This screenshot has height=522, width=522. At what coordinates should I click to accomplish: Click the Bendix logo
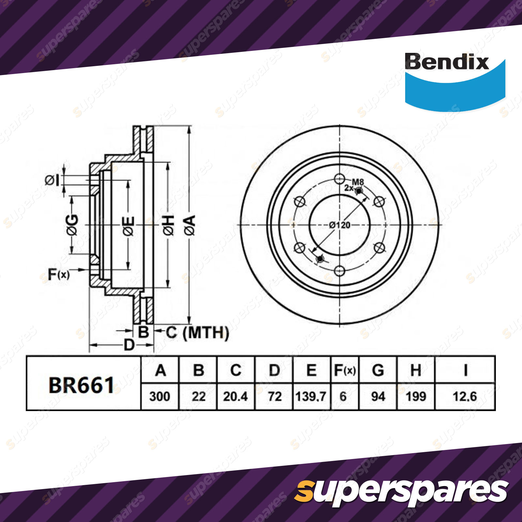454,80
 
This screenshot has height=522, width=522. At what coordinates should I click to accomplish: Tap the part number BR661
81,385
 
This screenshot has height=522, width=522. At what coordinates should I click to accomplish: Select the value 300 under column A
160,397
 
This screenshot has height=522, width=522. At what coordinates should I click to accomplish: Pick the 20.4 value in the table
235,397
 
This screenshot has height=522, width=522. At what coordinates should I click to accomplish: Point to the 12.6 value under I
465,397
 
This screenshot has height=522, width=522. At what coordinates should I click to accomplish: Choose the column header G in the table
378,370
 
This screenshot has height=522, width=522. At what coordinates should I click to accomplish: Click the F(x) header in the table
345,370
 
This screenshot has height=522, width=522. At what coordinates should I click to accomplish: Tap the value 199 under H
416,397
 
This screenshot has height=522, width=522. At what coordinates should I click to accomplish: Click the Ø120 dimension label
340,225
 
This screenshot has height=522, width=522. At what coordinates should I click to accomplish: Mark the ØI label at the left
52,180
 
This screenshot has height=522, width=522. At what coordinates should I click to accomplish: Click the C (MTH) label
197,333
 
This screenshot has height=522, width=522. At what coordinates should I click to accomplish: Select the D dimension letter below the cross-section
129,345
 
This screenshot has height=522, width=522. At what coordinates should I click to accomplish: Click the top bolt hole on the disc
340,179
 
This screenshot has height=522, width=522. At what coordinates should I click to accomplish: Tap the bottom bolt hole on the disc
340,271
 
